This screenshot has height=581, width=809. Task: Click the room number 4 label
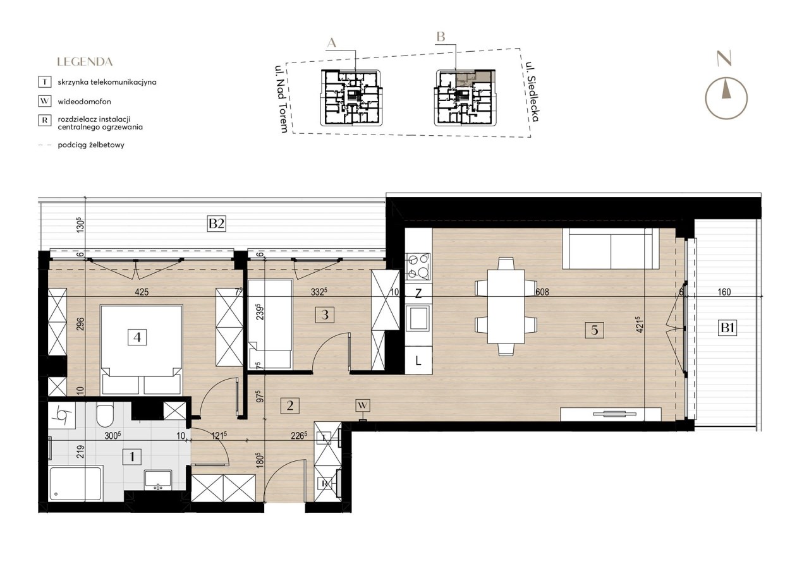tap(137, 337)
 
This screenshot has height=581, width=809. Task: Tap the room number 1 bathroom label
tap(132, 457)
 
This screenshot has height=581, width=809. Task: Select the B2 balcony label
tap(216, 224)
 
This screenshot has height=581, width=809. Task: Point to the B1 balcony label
tap(727, 328)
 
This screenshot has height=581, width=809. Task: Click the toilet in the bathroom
tap(106, 416)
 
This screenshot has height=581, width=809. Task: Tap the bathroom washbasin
tap(158, 480)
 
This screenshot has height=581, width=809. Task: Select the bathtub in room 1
tap(76, 484)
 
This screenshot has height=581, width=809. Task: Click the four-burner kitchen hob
tap(418, 267)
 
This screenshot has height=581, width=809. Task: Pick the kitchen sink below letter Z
tap(418, 318)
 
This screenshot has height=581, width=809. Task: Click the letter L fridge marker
tap(418, 360)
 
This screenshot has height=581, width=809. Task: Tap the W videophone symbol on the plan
tap(363, 405)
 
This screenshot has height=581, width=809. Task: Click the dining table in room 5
tap(506, 306)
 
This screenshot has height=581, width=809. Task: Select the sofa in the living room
tap(611, 248)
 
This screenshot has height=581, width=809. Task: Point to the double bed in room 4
tap(141, 350)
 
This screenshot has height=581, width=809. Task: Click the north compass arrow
tap(726, 90)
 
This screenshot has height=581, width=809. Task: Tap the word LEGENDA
tap(85, 62)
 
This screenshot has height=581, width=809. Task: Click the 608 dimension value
tap(542, 292)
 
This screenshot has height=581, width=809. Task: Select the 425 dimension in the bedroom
tap(142, 292)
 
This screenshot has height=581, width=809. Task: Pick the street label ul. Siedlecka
tap(532, 92)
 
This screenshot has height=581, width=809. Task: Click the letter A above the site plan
tap(332, 44)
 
